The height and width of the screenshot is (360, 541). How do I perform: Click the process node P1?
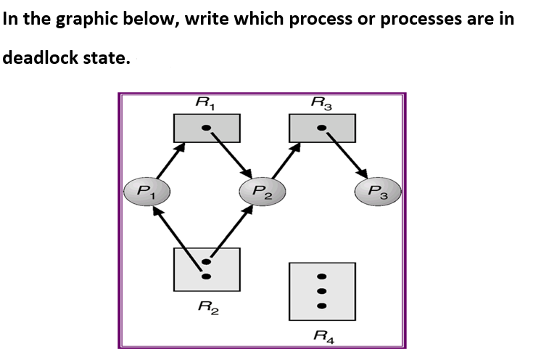tap(146, 192)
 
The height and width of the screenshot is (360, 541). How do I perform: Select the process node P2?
tap(262, 192)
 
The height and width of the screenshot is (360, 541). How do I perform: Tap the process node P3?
tap(378, 192)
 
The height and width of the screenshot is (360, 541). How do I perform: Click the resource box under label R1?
tap(207, 128)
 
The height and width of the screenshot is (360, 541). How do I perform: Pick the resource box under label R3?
tap(322, 128)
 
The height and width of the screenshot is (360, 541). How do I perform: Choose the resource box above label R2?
tap(207, 269)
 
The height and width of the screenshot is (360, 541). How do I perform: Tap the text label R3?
tap(321, 103)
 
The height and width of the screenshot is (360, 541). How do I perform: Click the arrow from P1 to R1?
tap(168, 160)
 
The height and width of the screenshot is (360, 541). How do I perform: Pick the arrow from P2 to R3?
tap(284, 160)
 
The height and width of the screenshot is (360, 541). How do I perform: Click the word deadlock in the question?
tap(44, 58)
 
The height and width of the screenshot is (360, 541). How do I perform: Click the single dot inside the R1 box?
tap(207, 128)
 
